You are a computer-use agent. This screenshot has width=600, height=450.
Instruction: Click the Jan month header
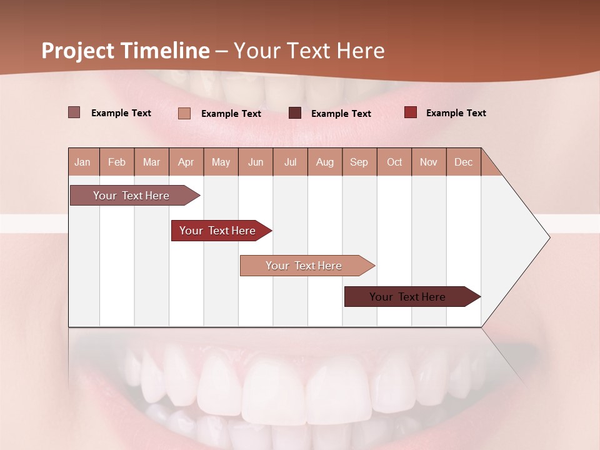[82, 162]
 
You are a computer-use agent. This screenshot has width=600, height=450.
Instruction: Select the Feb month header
[117, 162]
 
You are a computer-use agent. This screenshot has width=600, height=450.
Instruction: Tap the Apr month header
[186, 162]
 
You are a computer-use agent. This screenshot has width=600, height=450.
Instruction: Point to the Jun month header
[256, 162]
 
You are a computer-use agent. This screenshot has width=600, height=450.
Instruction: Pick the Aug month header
[324, 162]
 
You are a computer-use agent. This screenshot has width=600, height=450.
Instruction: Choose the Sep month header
[359, 162]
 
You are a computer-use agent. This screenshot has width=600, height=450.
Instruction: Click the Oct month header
[394, 162]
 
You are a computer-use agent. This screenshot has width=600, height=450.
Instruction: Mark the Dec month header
[463, 162]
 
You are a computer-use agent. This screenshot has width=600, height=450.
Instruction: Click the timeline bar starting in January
[131, 196]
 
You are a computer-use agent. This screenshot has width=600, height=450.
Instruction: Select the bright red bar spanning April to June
[217, 231]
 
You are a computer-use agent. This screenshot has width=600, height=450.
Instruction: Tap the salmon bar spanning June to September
[304, 266]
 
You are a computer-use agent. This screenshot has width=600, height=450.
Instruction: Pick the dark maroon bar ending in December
[407, 297]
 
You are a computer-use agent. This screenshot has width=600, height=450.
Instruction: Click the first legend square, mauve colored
[74, 112]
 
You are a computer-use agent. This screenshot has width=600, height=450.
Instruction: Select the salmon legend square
[184, 113]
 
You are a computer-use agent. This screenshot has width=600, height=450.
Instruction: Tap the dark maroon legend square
[294, 113]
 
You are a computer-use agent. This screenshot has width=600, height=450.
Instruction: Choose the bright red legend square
[410, 112]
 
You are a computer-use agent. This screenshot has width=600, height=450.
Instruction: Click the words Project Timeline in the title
[126, 51]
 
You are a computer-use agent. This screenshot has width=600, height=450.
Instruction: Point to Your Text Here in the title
[309, 51]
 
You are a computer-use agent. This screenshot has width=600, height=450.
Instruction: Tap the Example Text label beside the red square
[456, 113]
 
